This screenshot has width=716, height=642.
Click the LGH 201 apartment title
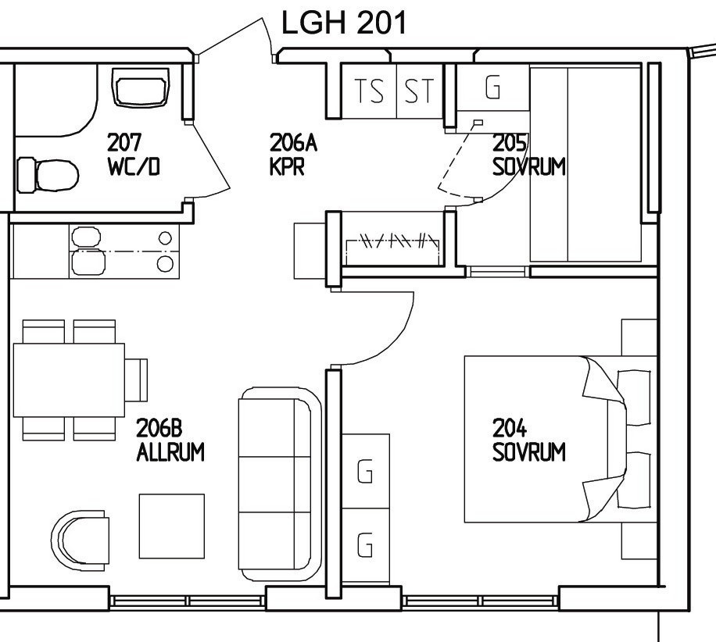click(x=343, y=23)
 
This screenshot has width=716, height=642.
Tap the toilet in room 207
click(x=48, y=175)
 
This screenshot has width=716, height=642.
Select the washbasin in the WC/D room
click(x=141, y=87)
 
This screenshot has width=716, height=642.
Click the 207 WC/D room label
click(x=134, y=154)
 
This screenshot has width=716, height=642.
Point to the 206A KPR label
click(x=293, y=154)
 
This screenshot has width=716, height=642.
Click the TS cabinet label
click(x=370, y=91)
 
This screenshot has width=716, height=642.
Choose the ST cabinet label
click(x=419, y=91)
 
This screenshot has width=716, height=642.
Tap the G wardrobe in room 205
click(x=493, y=87)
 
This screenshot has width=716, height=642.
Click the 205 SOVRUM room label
click(x=528, y=155)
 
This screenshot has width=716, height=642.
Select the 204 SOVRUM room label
click(x=528, y=440)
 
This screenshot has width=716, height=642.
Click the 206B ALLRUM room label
click(x=170, y=440)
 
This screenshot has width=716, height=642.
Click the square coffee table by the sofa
click(x=172, y=526)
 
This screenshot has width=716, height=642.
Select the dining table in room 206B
click(x=69, y=380)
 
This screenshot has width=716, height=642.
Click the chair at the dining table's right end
click(x=136, y=380)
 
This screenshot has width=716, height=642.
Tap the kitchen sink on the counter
click(x=88, y=251)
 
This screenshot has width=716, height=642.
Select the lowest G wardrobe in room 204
click(x=366, y=546)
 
